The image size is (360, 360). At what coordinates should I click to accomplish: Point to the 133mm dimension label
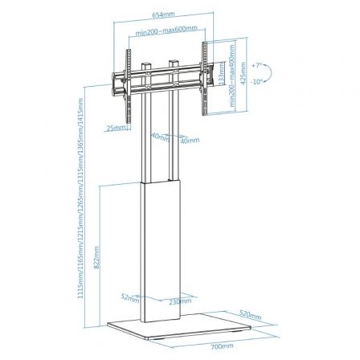[x=222, y=76]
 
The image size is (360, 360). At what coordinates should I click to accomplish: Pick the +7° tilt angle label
[x=256, y=62]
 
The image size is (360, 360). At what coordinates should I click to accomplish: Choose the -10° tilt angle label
[x=256, y=81]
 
